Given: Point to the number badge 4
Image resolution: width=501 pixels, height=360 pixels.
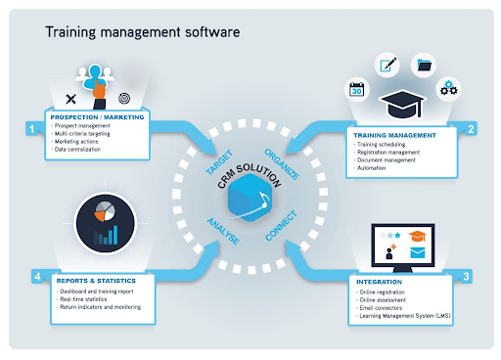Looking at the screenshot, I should (36, 277).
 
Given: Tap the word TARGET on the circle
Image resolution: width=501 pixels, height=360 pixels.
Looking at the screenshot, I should (218, 162).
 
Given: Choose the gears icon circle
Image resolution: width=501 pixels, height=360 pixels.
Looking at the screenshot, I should (448, 89).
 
